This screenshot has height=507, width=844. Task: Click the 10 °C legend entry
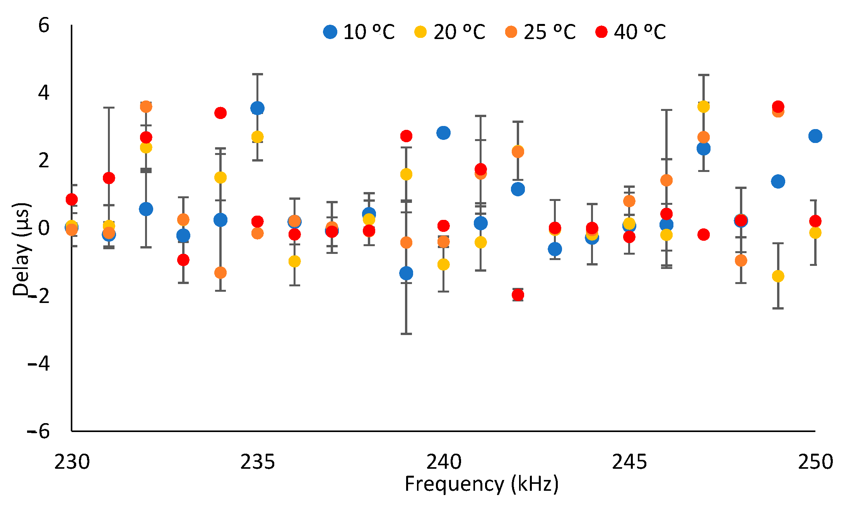[x=359, y=32]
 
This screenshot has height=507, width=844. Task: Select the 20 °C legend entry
[x=449, y=32]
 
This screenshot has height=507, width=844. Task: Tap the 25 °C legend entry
[x=540, y=32]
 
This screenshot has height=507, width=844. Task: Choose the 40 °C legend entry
[x=630, y=32]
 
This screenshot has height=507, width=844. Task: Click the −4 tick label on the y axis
[x=39, y=364]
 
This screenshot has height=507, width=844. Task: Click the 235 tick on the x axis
[x=258, y=462]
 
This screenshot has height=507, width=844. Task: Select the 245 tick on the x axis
[x=629, y=462]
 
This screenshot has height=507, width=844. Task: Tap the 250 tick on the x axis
[x=815, y=462]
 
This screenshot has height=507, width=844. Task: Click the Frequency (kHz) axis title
[x=482, y=484]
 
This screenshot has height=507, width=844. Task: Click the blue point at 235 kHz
[x=257, y=108]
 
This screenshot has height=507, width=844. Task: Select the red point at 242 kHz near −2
[x=518, y=295]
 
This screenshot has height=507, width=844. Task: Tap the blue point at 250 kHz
[x=815, y=136]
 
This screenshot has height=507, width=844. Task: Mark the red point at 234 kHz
[x=220, y=113]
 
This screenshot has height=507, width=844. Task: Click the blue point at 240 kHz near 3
[x=443, y=133]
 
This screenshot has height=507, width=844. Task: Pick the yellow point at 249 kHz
[x=778, y=276]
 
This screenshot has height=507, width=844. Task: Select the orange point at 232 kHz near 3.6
[x=146, y=107]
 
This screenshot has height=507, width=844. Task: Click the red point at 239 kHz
[x=406, y=136]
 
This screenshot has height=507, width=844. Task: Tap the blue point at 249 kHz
[x=778, y=181]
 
